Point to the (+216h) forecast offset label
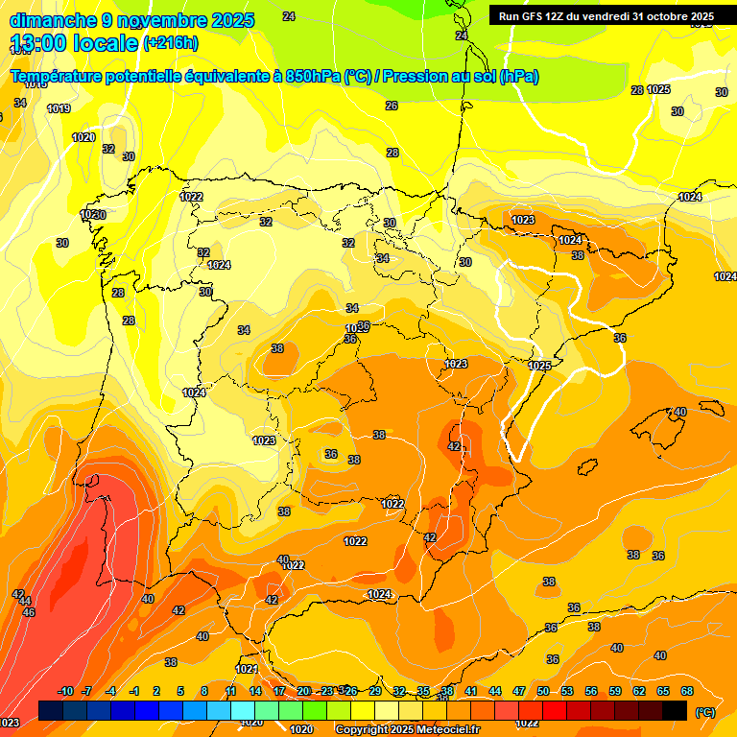click(170, 43)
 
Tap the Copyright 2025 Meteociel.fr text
click(407, 730)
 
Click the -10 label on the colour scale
click(65, 691)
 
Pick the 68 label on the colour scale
click(687, 691)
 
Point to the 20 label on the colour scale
click(303, 691)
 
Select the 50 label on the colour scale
click(543, 691)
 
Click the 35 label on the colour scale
click(423, 691)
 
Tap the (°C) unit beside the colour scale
click(703, 712)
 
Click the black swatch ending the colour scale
click(675, 710)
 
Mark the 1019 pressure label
click(59, 108)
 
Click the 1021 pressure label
click(248, 669)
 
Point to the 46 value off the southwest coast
click(29, 612)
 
